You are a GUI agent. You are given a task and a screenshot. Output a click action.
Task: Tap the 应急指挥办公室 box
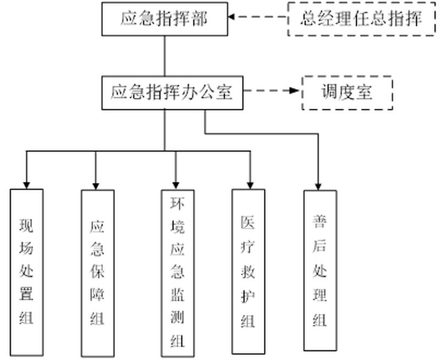(x=172, y=92)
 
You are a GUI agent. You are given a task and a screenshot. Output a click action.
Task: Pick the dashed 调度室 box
(x=347, y=92)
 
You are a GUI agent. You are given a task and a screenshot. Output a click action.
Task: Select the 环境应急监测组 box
(x=177, y=273)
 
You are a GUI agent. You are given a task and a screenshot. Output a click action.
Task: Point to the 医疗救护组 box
(x=248, y=272)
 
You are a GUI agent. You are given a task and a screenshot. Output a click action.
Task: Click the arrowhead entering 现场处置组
(x=26, y=184)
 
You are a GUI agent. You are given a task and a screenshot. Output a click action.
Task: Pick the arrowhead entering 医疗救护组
(x=250, y=185)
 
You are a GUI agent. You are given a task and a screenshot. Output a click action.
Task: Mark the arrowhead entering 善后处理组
(x=319, y=186)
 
